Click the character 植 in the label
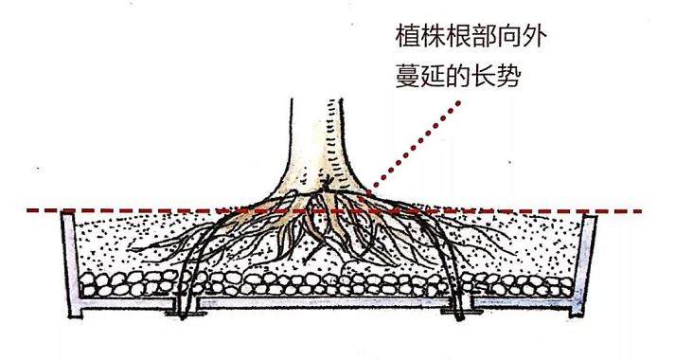pyautogui.click(x=408, y=39)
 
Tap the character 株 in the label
pyautogui.click(x=435, y=39)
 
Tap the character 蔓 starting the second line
pyautogui.click(x=408, y=75)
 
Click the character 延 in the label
pyautogui.click(x=435, y=75)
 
